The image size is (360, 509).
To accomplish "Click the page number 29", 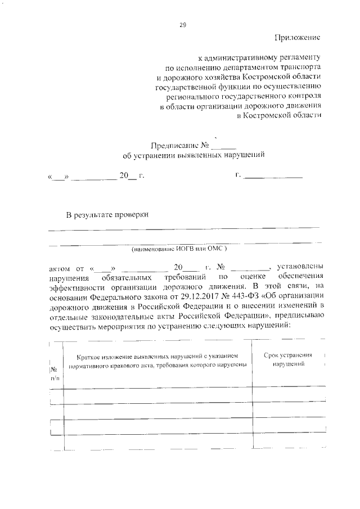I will [182, 25].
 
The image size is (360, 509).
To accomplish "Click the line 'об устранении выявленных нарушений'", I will [193, 155].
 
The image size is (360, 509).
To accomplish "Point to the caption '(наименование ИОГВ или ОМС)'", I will [179, 248].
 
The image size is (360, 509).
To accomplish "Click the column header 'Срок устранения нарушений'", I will [288, 360].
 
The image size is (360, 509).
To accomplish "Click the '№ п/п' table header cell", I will [55, 373].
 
